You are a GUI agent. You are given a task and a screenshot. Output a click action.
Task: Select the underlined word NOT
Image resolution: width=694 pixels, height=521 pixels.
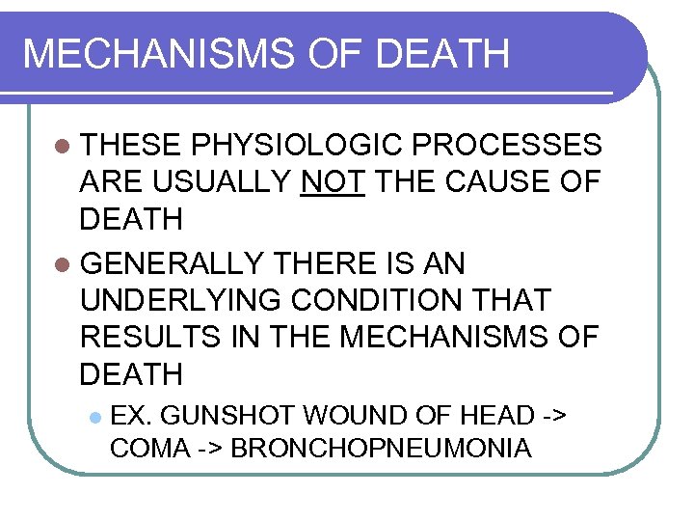point(333,182)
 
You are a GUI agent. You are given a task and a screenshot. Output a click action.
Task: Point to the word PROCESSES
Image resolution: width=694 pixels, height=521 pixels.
point(507,146)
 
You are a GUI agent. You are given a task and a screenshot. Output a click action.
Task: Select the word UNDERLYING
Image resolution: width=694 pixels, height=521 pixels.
point(183,300)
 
